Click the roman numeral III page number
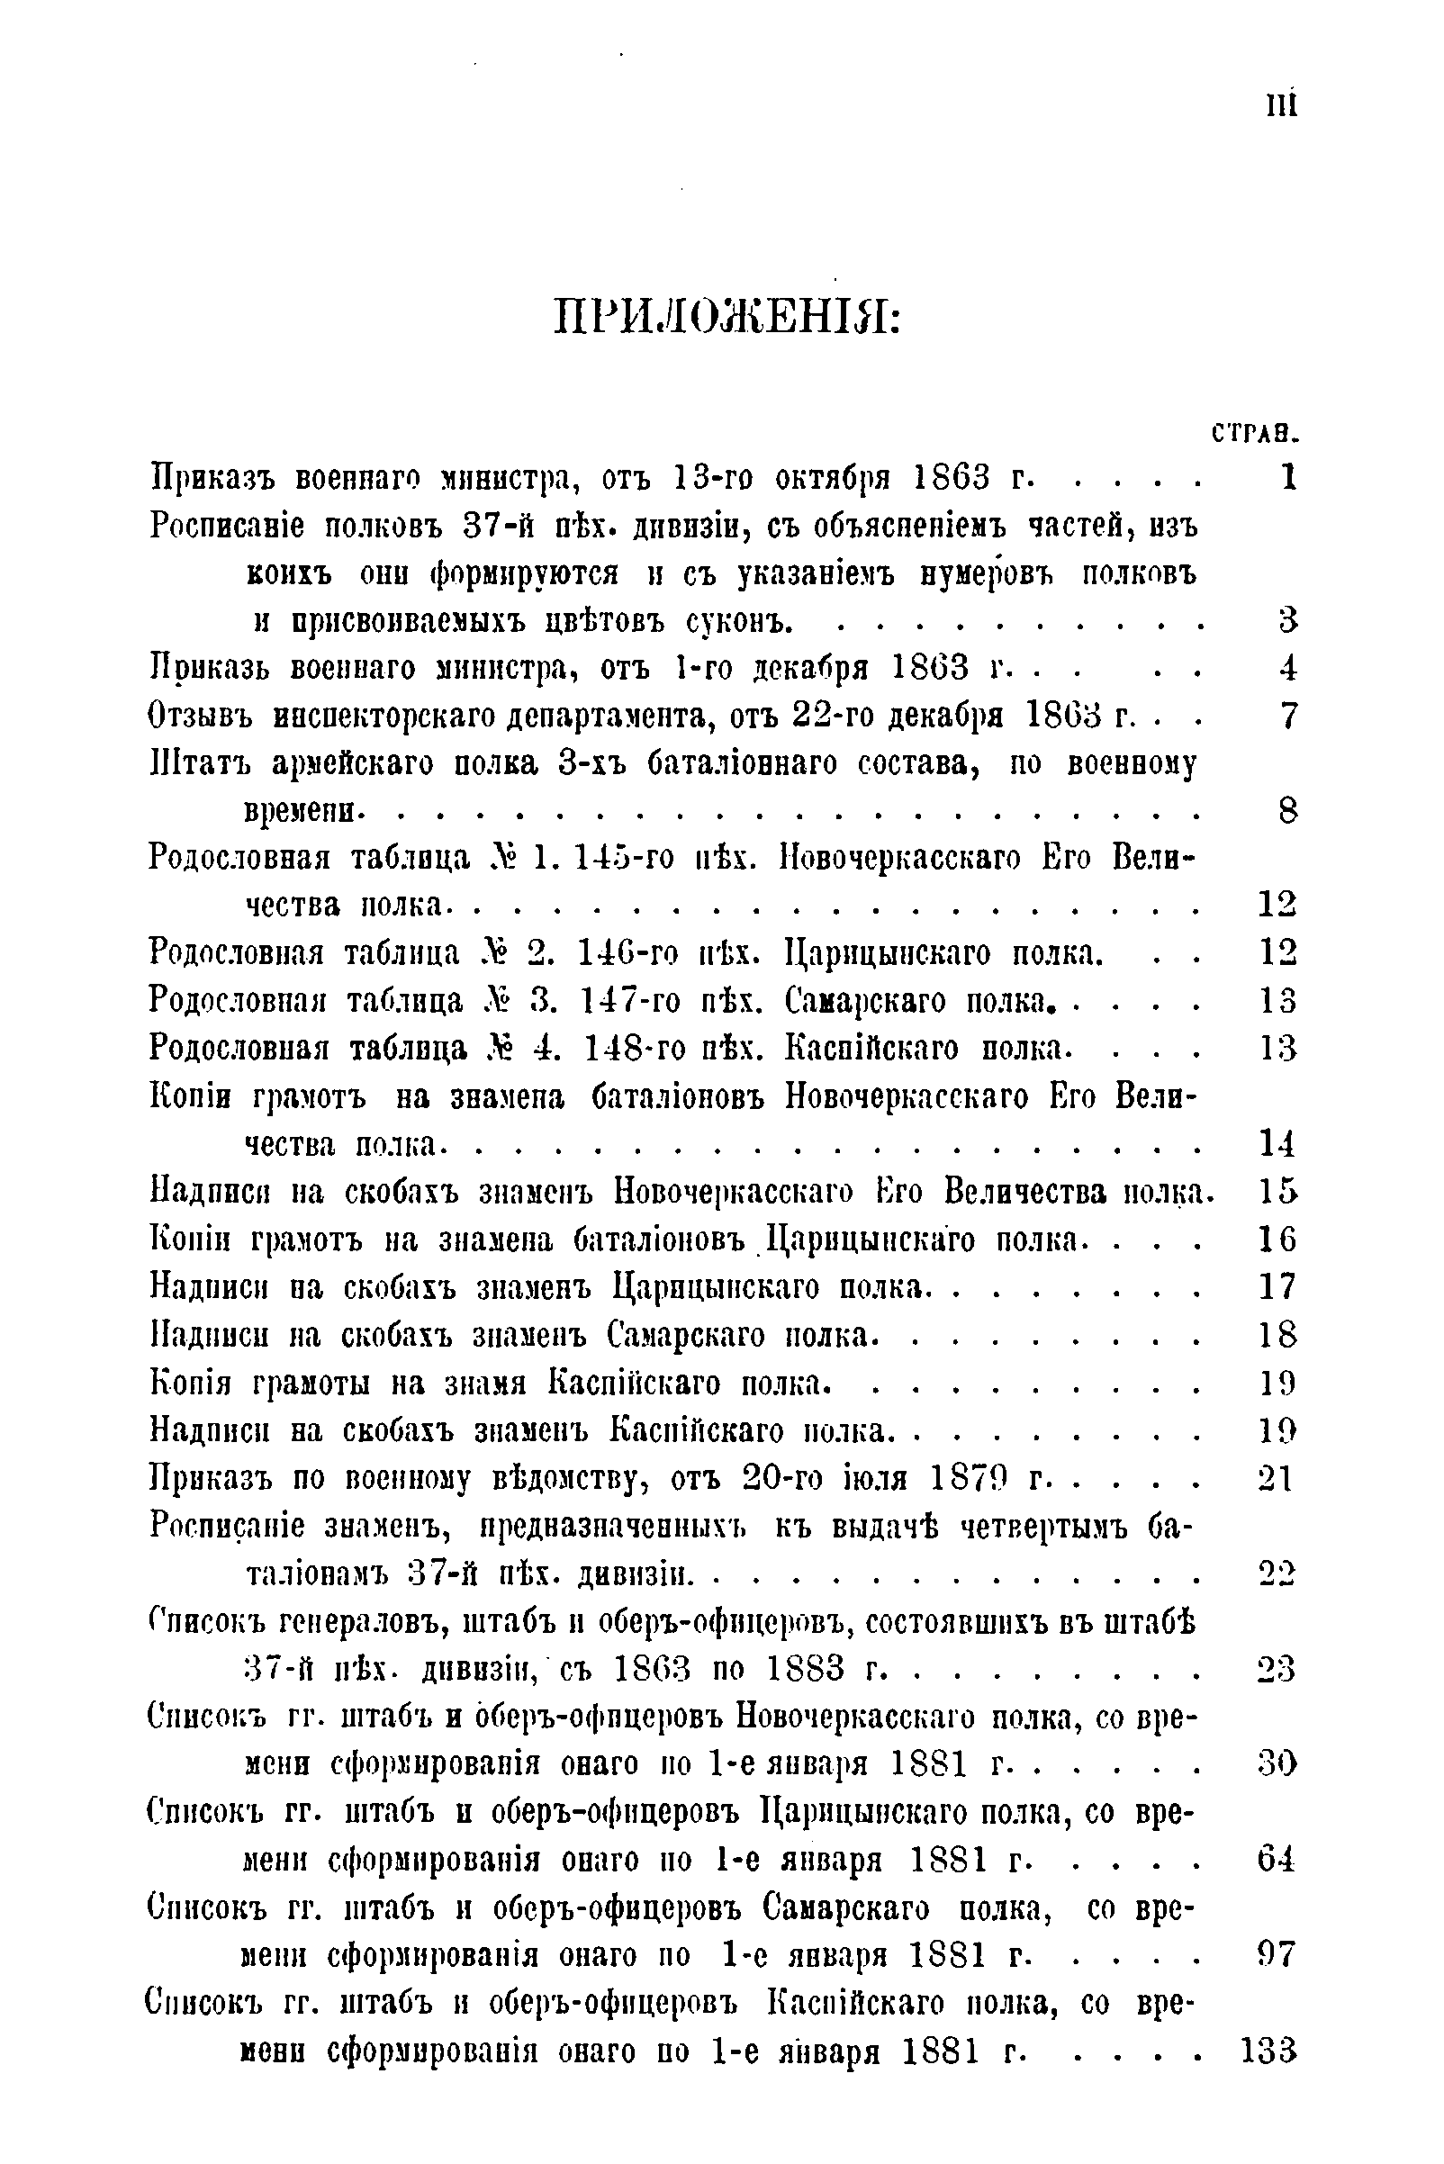(1281, 105)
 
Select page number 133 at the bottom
(1268, 2051)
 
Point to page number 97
(1277, 1954)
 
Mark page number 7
(1287, 716)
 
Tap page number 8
(1287, 811)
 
